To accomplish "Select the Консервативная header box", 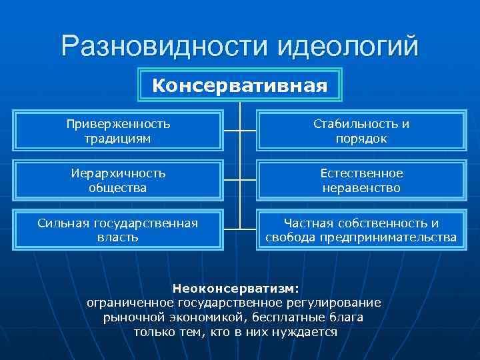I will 240,85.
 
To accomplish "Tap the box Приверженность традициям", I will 119,131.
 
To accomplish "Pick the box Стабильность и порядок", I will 361,131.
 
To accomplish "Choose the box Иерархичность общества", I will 119,180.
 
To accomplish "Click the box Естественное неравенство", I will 361,180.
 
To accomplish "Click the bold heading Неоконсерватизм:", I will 237,289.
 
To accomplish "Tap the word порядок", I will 361,139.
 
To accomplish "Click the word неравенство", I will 361,188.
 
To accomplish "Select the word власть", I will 119,237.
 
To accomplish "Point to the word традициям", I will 119,139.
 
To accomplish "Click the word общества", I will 119,188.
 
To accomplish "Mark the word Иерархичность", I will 119,173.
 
